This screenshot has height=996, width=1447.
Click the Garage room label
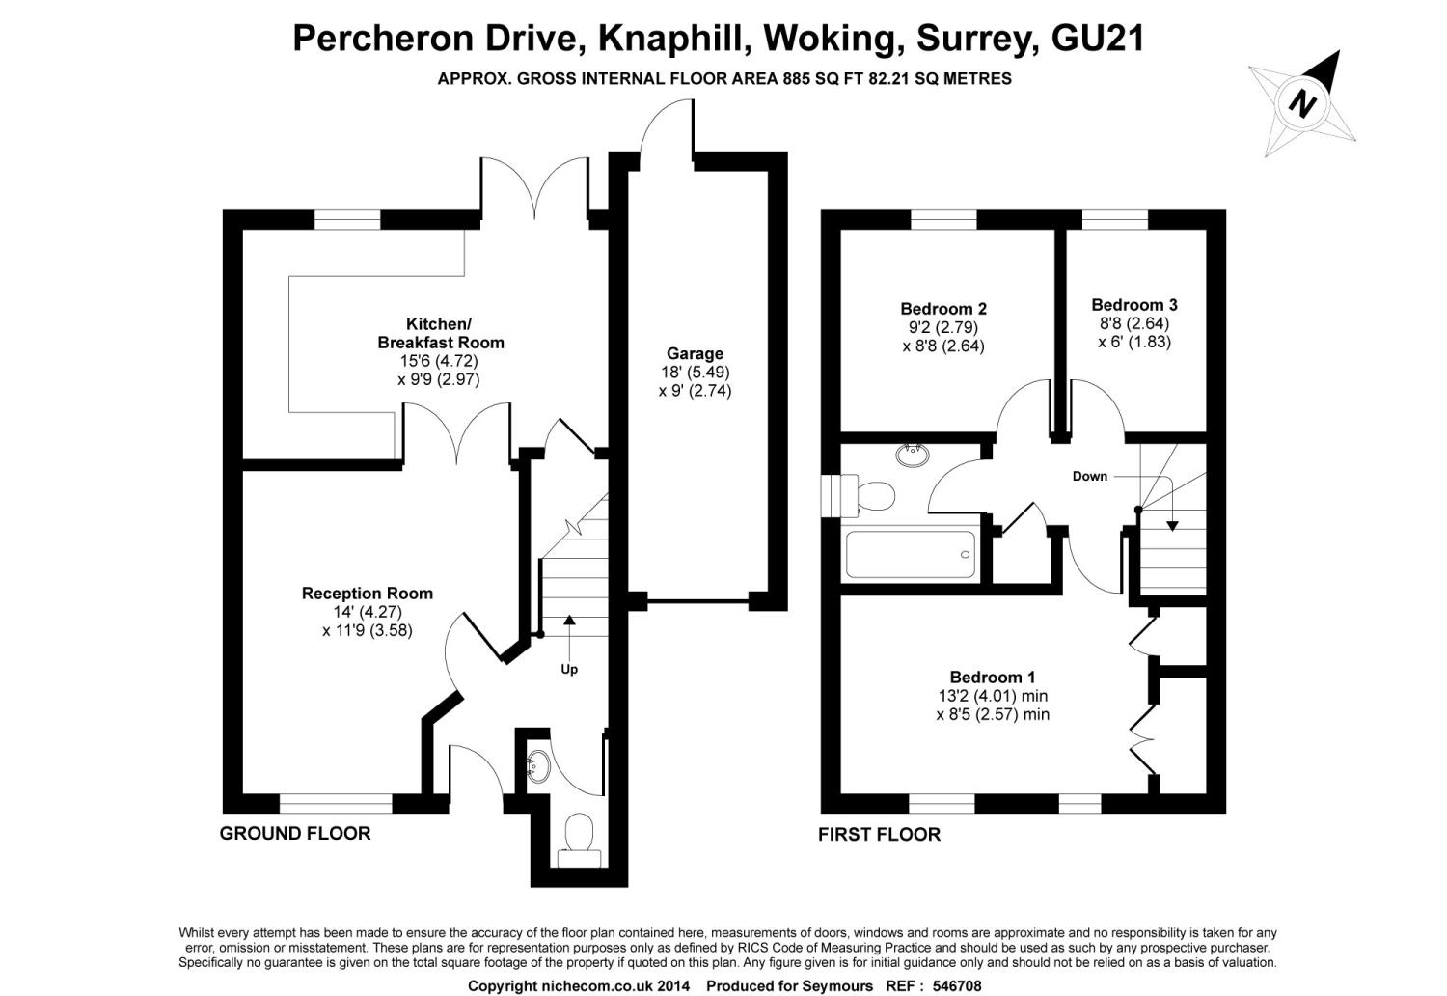click(696, 353)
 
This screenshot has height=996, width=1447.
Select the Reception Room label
click(367, 593)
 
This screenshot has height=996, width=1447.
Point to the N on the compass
click(1302, 103)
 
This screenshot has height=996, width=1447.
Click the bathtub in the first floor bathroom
click(911, 554)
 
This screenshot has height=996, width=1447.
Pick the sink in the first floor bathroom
click(913, 455)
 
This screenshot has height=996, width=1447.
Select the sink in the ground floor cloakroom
click(537, 766)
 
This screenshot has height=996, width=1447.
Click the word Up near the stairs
click(569, 670)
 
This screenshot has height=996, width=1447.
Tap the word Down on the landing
click(1090, 477)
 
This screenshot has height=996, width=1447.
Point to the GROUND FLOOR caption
click(295, 834)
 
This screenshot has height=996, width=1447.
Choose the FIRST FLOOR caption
click(879, 835)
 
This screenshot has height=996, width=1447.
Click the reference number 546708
click(957, 985)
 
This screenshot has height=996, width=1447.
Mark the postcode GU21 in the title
click(1098, 38)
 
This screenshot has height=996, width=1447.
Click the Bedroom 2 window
click(943, 220)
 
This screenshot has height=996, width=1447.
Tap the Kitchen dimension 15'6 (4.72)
click(439, 361)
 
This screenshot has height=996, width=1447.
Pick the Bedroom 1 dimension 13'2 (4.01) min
click(993, 696)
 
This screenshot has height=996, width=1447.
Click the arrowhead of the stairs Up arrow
click(569, 620)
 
